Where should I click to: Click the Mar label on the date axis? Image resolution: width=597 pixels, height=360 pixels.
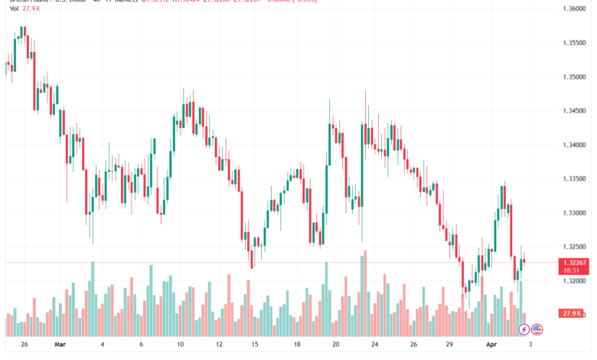(60, 345)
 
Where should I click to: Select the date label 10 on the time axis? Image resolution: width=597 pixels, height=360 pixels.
(181, 345)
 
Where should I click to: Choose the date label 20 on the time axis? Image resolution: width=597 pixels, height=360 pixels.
(335, 345)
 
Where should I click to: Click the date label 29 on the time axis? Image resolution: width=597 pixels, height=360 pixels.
(450, 345)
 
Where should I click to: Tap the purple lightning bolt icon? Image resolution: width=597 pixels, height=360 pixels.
(524, 329)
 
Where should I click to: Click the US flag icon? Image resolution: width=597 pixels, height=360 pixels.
(537, 329)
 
